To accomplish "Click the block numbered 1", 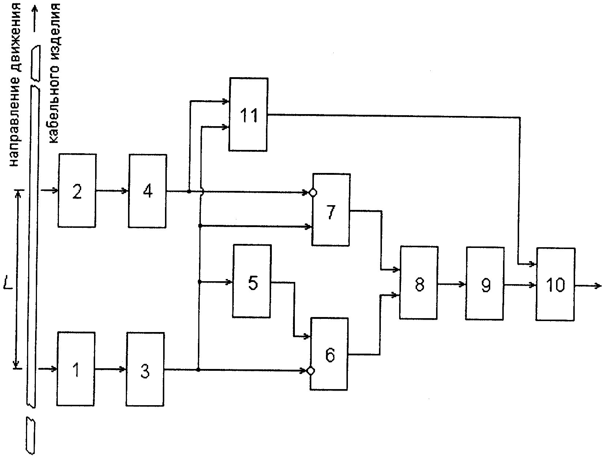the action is click(x=76, y=369).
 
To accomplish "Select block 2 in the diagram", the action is click(x=77, y=191).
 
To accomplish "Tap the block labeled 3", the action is click(x=145, y=369).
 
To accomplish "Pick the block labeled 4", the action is click(x=147, y=191).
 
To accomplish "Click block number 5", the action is click(x=252, y=281).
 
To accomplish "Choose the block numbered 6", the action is click(x=329, y=354).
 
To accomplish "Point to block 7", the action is click(x=331, y=210).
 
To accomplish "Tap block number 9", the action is click(x=485, y=283).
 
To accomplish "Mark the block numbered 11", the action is click(x=248, y=114).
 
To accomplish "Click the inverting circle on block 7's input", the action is click(x=313, y=193).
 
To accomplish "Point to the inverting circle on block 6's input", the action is click(x=311, y=371).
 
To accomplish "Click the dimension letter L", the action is click(x=8, y=283).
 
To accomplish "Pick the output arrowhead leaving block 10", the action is click(x=598, y=286).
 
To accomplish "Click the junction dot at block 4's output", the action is click(x=189, y=191).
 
